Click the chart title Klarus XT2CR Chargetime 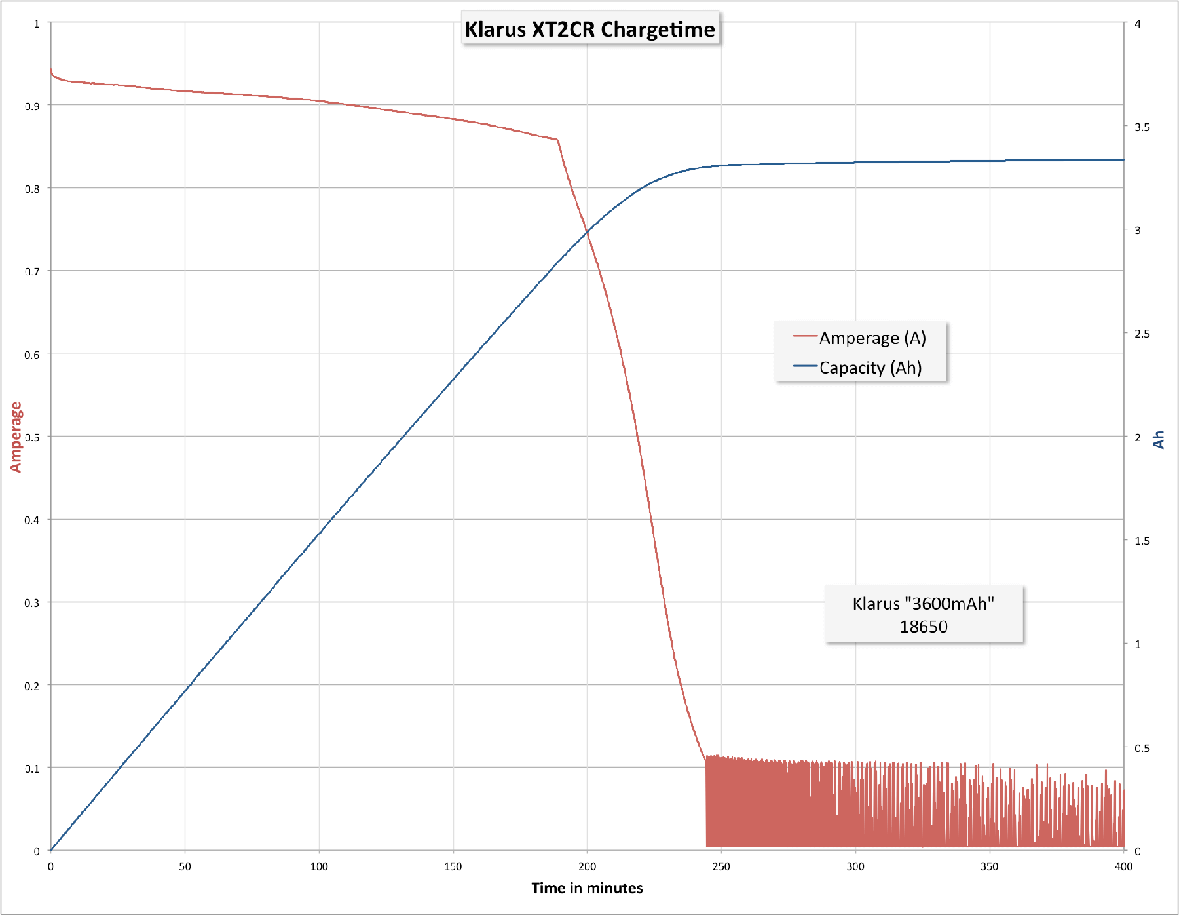point(590,29)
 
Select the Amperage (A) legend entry point(859,338)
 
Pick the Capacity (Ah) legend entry point(857,367)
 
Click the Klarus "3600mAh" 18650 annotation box point(924,614)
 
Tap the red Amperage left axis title point(16,437)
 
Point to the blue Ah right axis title point(1159,440)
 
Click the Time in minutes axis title point(587,888)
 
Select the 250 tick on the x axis point(721,866)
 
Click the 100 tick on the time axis point(319,866)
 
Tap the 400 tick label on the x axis point(1123,866)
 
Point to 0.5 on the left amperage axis point(32,437)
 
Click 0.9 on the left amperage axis point(32,106)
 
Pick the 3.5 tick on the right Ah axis point(1142,127)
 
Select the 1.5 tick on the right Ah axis point(1142,541)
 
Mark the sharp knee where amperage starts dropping point(557,140)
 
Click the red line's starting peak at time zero point(51,68)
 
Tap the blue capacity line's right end point(1123,160)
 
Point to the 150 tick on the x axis point(453,866)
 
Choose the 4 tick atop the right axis point(1138,24)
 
